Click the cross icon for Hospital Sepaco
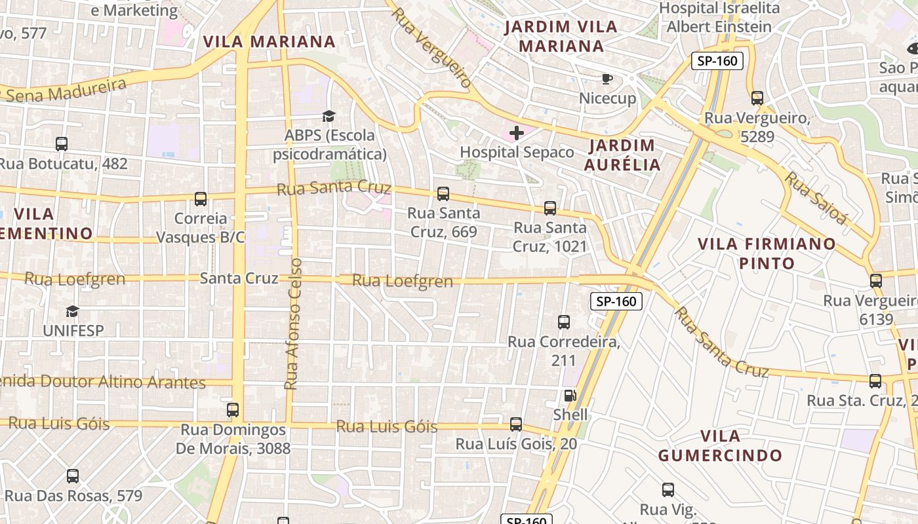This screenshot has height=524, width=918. pos(517,134)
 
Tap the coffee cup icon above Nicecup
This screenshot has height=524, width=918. pos(607,79)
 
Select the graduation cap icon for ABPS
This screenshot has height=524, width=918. pos(329,117)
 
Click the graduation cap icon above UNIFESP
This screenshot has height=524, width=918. pos(72,311)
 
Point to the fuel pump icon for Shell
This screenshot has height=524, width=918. pos(570,396)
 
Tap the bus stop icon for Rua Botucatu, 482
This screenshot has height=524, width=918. pos(62,144)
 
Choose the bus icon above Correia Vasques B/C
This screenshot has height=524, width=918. pos(201,199)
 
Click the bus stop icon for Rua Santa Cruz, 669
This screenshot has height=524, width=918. pos(443,194)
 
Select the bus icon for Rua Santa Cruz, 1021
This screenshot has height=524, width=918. pos(549,208)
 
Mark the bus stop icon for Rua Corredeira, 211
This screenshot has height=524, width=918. pos(563,322)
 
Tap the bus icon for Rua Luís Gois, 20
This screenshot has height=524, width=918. pos(516,424)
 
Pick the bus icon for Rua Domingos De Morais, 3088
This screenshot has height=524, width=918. pos(233,410)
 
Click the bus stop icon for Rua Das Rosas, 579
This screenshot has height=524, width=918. pos(73,476)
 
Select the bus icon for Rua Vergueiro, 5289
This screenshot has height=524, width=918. pos(757,98)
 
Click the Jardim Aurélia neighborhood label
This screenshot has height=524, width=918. pos(622,155)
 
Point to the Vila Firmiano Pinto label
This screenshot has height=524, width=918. pos(767,253)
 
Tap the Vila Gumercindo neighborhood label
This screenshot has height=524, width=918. pos(720,445)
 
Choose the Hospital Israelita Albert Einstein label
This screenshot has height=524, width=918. pos(719,17)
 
